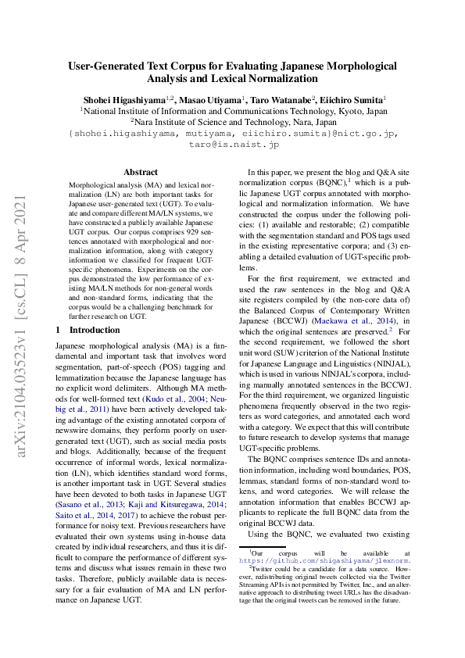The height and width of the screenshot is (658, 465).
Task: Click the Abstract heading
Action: pos(141,172)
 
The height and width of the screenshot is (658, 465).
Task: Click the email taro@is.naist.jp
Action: pos(232,145)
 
